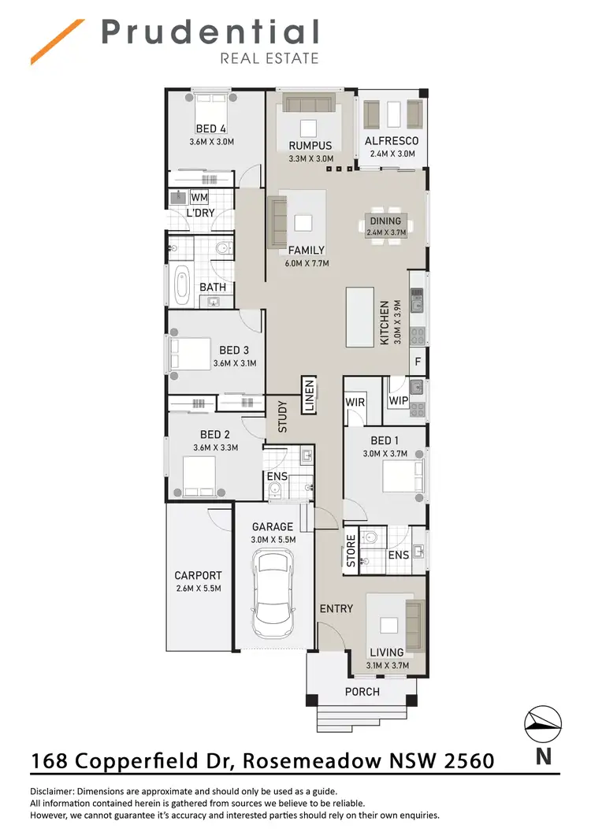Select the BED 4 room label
pyautogui.click(x=211, y=129)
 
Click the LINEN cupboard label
pyautogui.click(x=309, y=396)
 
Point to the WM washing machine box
pyautogui.click(x=199, y=197)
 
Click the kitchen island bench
pyautogui.click(x=359, y=317)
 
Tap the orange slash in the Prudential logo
pyautogui.click(x=58, y=41)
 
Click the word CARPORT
pyautogui.click(x=198, y=576)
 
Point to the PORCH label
pyautogui.click(x=362, y=692)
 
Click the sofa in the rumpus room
pyautogui.click(x=310, y=106)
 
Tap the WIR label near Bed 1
pyautogui.click(x=355, y=402)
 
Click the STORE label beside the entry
pyautogui.click(x=351, y=550)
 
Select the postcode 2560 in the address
pyautogui.click(x=465, y=761)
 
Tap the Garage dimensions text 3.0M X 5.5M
pyautogui.click(x=272, y=540)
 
